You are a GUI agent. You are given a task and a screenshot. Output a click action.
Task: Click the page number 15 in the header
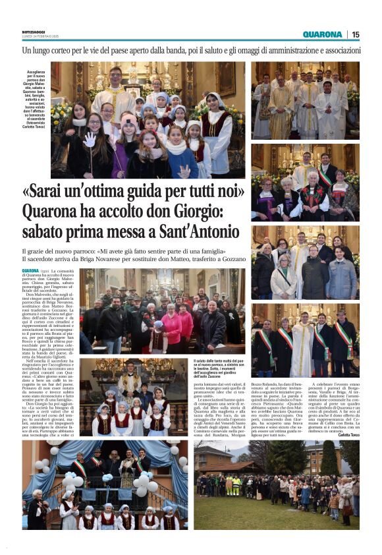[x=356, y=34]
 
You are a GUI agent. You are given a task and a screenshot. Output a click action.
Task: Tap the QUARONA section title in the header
[x=322, y=34]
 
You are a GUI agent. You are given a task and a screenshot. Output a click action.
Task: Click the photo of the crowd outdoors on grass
[x=277, y=484]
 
